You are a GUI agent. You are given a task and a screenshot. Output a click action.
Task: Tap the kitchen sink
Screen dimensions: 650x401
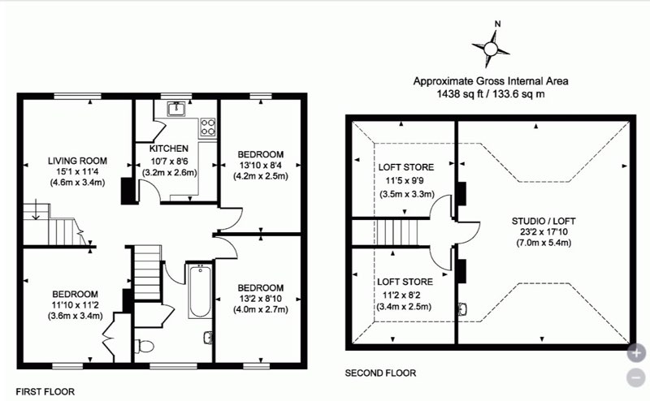176,109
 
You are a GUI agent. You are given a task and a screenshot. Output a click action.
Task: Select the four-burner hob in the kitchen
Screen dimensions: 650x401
208,127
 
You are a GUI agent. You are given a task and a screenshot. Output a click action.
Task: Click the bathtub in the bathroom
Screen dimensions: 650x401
200,291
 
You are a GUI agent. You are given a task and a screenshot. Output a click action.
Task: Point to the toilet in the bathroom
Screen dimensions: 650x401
145,346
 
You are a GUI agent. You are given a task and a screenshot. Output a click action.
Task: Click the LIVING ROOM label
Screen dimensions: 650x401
77,161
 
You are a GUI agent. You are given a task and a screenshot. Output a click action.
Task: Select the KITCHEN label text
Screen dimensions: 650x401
169,149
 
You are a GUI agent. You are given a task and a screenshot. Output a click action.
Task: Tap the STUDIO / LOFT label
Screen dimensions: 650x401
544,221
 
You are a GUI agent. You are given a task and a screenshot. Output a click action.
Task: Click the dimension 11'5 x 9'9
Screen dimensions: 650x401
405,181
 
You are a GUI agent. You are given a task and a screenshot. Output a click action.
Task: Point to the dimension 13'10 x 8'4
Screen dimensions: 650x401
261,165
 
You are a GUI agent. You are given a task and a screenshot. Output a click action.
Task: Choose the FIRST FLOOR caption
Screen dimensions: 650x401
45,391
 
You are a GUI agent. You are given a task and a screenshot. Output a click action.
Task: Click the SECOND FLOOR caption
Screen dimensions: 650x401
380,373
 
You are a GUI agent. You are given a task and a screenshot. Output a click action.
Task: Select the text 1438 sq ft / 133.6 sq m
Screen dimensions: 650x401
491,93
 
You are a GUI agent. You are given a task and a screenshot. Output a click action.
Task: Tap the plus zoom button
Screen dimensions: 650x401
636,353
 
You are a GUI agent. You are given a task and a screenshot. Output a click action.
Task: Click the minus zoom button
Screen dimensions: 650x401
636,377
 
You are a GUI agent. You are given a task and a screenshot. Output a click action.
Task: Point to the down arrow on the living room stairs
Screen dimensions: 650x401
36,209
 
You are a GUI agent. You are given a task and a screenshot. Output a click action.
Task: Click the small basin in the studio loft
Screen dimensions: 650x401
463,309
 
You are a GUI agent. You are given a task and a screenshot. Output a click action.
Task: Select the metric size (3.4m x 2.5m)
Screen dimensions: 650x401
404,307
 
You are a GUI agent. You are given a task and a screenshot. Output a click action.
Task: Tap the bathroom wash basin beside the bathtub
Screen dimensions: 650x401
208,338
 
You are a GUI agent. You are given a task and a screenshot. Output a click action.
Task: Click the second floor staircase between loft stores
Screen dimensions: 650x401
396,232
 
